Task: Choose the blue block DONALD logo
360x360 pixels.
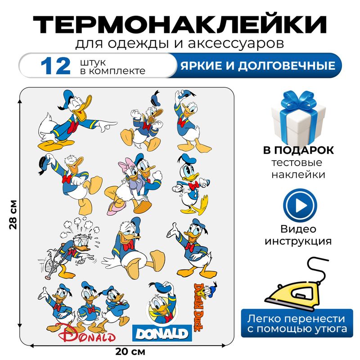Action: coord(160,333)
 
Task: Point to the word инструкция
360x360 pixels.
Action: coord(298,241)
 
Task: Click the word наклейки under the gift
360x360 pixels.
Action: coord(298,175)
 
